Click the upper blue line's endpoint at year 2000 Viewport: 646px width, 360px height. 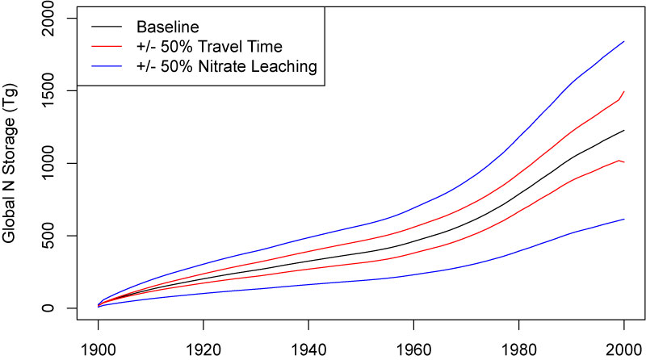click(x=624, y=41)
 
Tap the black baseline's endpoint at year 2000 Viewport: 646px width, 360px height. click(x=624, y=130)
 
